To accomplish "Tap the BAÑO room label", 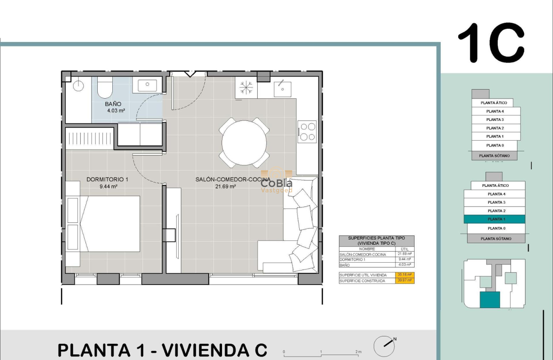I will tap(113, 104).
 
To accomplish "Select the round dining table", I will tap(244, 142).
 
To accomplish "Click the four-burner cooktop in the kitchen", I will tap(307, 132).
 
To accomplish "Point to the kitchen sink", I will tap(283, 89).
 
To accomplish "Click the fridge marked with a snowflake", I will tap(246, 88).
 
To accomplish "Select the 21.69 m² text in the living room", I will tap(225, 186).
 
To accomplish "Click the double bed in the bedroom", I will tap(109, 224).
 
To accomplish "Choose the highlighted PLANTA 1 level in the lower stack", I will tap(495, 219).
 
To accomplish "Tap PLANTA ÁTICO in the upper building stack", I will tap(494, 103).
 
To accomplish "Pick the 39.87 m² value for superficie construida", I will tap(405, 281).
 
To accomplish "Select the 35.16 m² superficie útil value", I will tap(405, 275).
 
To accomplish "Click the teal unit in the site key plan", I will tap(490, 300).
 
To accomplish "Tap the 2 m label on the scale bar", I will tap(359, 352).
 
